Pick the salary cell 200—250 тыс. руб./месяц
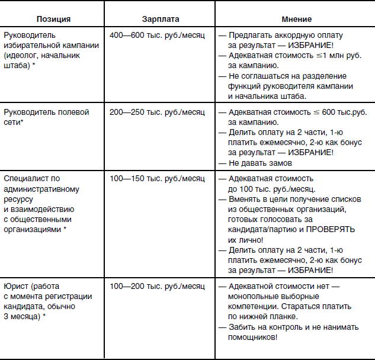157,111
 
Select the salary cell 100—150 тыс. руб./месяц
157,178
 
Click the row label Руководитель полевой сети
46,116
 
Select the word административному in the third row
40,188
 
